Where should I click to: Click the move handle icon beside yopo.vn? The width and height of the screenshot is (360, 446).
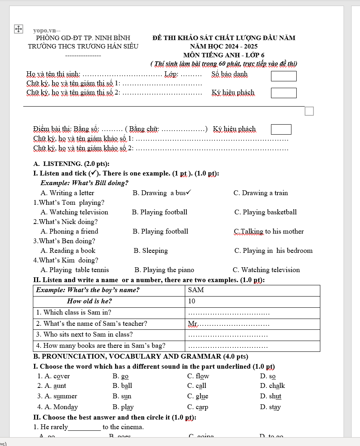click(18, 29)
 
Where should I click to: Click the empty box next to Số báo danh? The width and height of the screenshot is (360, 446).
click(283, 76)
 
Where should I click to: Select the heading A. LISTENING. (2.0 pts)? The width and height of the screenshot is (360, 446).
click(72, 163)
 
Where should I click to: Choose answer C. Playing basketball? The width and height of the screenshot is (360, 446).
click(265, 212)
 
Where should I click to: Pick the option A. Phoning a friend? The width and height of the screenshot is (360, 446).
click(69, 231)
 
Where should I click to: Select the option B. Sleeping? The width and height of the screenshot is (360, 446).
click(151, 250)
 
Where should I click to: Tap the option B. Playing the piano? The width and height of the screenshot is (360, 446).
click(164, 270)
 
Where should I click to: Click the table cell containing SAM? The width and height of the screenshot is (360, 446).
click(252, 290)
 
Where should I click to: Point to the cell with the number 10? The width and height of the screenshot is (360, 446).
click(252, 301)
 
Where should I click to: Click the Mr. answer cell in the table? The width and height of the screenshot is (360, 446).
click(252, 323)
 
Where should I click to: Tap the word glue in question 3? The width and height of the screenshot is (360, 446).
click(198, 396)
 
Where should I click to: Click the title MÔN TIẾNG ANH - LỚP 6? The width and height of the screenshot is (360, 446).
click(224, 55)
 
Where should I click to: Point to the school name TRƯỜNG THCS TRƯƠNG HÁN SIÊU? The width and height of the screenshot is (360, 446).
click(83, 46)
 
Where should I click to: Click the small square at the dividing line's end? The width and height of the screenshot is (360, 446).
click(309, 111)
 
